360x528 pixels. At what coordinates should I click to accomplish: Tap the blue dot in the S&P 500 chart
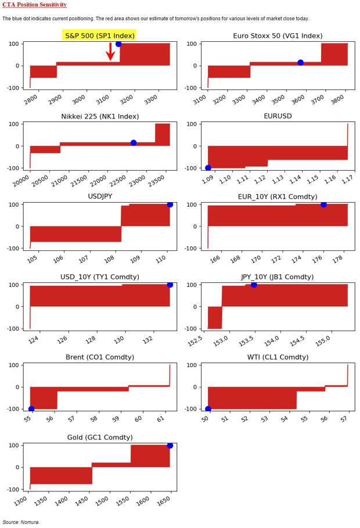[118, 44]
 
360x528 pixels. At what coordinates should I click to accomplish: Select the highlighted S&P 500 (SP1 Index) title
[99, 35]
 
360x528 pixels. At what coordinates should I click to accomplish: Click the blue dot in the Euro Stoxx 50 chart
[300, 63]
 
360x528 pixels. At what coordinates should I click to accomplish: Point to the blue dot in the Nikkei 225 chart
[134, 143]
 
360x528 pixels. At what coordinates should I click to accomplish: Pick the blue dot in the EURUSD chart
[208, 168]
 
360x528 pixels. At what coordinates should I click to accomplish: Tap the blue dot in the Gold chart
[170, 446]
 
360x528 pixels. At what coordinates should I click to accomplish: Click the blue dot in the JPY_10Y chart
[254, 285]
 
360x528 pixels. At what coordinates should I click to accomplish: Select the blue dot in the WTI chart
[208, 409]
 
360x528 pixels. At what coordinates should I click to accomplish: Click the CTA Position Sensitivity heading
[34, 5]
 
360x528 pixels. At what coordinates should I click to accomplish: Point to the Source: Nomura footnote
[21, 522]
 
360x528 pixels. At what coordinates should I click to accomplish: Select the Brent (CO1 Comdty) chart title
[100, 357]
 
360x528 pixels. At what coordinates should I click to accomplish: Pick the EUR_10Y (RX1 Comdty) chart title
[278, 196]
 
